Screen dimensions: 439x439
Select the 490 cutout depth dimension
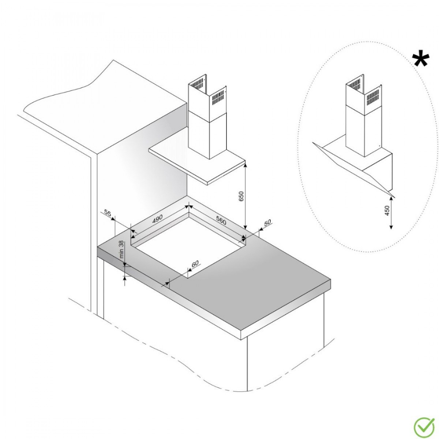pos(157,219)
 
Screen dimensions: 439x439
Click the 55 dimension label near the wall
pos(107,213)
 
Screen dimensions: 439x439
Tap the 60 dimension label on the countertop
pos(195,263)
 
